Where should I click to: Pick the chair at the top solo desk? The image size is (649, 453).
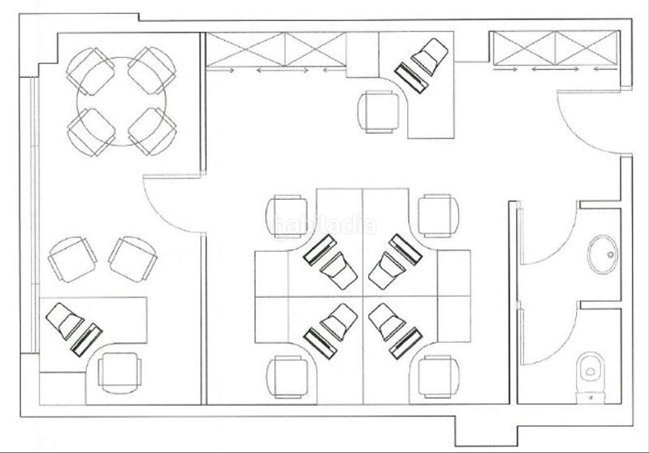pos(380,110)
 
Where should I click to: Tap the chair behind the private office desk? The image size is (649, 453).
pos(119,371)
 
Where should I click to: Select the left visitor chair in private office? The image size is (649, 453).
pos(73,258)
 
